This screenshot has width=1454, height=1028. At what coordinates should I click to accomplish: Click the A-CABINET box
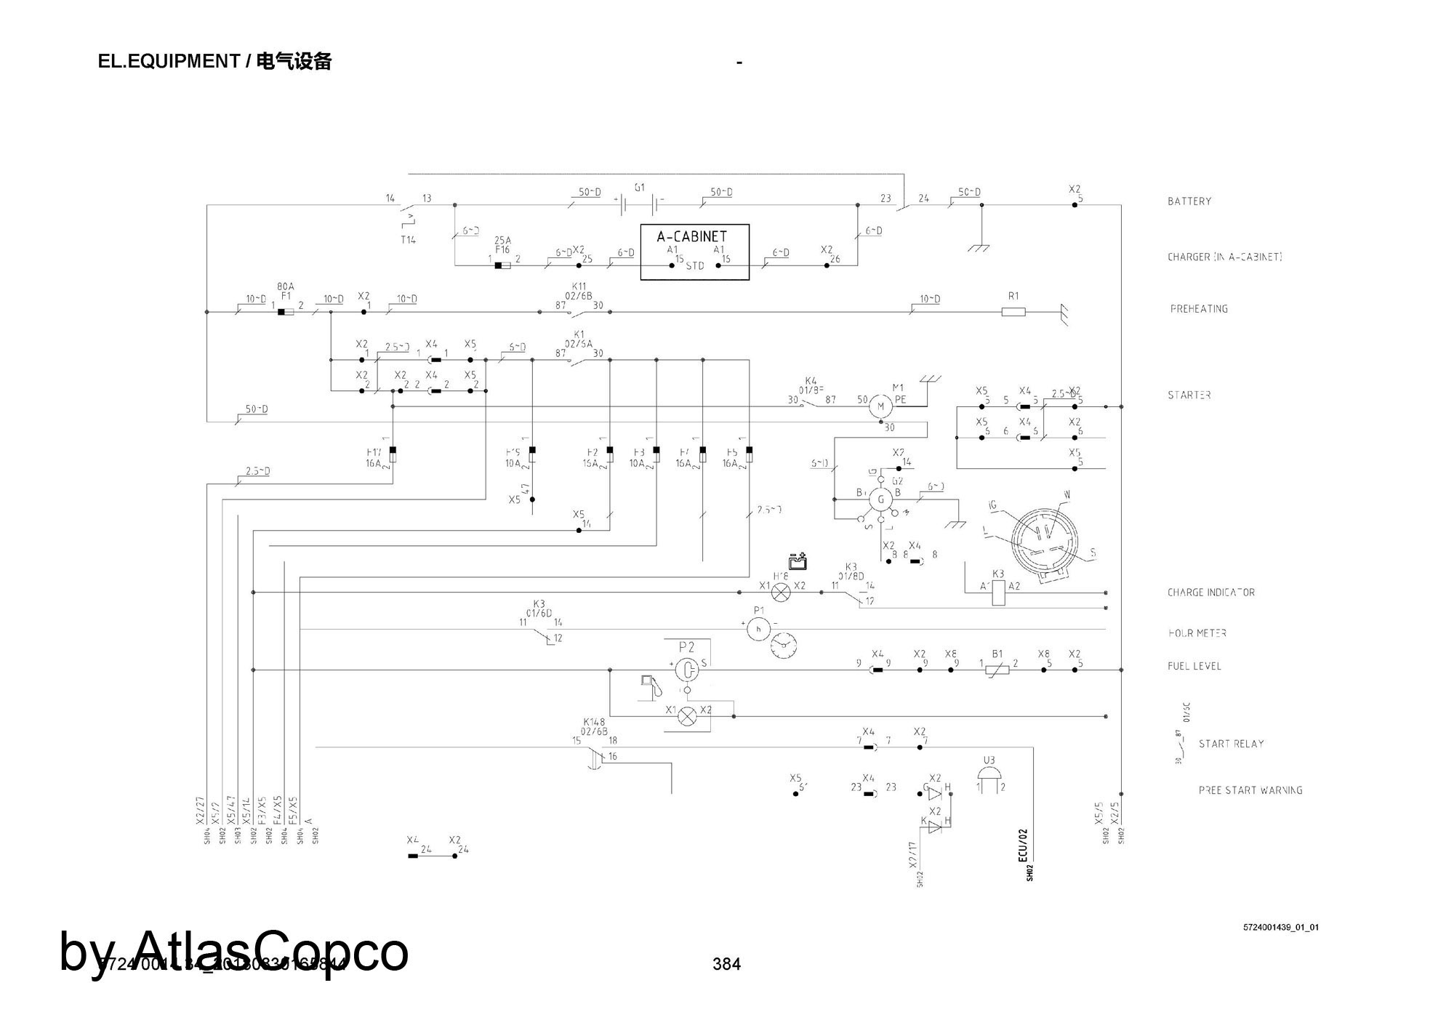(x=694, y=252)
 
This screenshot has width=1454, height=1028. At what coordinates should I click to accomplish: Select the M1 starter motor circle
(x=880, y=406)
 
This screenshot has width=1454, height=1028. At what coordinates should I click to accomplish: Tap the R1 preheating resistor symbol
(x=1013, y=312)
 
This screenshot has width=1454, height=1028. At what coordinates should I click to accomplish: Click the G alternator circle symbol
(x=881, y=499)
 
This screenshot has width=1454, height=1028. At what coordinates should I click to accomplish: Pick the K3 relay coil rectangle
(x=999, y=593)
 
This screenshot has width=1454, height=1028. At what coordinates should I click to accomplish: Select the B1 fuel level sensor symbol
(x=997, y=670)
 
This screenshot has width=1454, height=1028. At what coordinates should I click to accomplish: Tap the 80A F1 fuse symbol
(x=286, y=312)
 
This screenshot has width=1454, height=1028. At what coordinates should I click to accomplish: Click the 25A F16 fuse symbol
(x=502, y=265)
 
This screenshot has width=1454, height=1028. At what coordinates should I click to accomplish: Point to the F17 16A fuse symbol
(x=393, y=455)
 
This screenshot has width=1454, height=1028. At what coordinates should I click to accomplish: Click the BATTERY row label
(x=1189, y=201)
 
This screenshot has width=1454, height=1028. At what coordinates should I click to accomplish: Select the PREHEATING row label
(x=1199, y=309)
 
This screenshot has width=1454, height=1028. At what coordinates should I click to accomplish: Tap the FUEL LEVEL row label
(x=1194, y=666)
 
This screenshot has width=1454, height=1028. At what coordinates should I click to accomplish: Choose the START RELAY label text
(x=1231, y=744)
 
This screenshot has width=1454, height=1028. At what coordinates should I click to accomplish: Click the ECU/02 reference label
(x=1023, y=845)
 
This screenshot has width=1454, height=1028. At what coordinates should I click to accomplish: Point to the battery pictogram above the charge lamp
(x=798, y=561)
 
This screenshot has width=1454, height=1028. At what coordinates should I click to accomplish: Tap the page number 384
(x=726, y=964)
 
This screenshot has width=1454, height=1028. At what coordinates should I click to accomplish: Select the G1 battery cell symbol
(x=639, y=204)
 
